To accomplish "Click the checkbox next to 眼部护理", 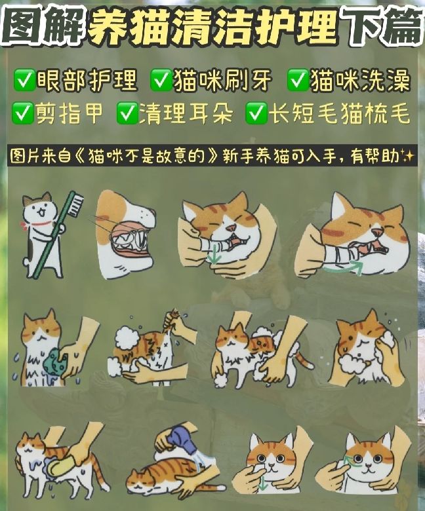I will pos(24,82).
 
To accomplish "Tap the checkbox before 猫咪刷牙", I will pos(161,82).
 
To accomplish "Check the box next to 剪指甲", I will pos(24,115).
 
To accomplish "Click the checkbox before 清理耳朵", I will pos(126,115).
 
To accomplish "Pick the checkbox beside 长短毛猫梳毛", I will pos(255,115).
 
